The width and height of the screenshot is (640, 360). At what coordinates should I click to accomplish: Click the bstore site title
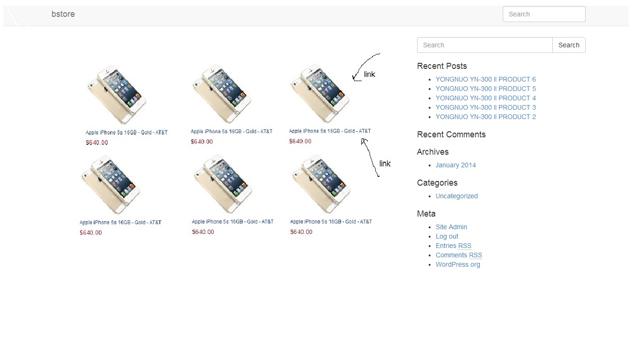pyautogui.click(x=63, y=14)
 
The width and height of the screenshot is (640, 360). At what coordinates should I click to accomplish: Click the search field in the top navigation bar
pyautogui.click(x=544, y=14)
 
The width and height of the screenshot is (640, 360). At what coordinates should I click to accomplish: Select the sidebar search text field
pyautogui.click(x=485, y=45)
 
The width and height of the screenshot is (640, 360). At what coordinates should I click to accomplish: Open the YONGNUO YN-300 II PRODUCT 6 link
pyautogui.click(x=486, y=79)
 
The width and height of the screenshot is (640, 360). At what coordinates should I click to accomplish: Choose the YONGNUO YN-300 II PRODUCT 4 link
pyautogui.click(x=486, y=98)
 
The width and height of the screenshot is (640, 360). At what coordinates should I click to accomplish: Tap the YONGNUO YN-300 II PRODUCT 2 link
pyautogui.click(x=486, y=117)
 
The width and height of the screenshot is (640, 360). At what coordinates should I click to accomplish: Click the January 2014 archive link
pyautogui.click(x=456, y=165)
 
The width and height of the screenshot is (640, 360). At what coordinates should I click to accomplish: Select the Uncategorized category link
pyautogui.click(x=456, y=196)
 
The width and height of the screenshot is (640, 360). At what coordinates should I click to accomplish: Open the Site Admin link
pyautogui.click(x=451, y=227)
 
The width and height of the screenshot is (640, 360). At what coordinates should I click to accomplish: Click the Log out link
pyautogui.click(x=447, y=236)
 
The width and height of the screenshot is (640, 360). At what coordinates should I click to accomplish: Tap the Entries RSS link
pyautogui.click(x=454, y=246)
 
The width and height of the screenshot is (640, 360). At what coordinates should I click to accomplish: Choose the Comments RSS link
pyautogui.click(x=459, y=255)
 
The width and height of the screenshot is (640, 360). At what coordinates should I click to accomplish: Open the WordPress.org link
pyautogui.click(x=458, y=264)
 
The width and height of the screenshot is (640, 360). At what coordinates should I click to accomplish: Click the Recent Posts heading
pyautogui.click(x=442, y=66)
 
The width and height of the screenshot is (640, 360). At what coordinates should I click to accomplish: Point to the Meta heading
pyautogui.click(x=426, y=214)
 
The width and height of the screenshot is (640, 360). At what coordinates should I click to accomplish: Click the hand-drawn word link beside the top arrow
pyautogui.click(x=369, y=75)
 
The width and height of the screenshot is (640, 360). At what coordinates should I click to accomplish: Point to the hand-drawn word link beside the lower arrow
pyautogui.click(x=385, y=164)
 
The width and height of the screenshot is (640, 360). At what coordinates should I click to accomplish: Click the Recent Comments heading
pyautogui.click(x=452, y=135)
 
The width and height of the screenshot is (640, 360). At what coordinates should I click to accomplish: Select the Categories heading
pyautogui.click(x=437, y=183)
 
